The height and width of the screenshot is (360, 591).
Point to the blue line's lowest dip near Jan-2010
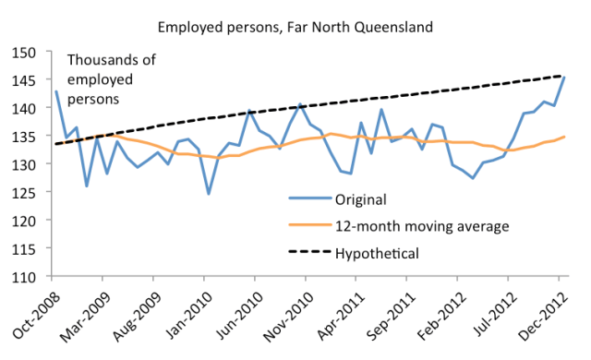209,194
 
